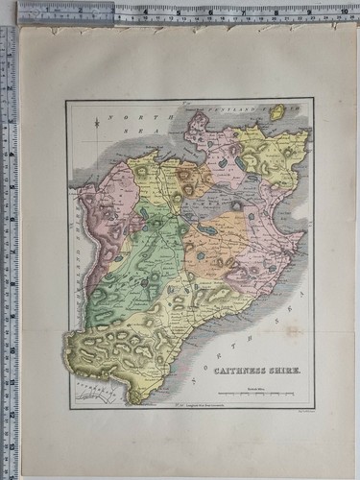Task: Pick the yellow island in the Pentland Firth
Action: click(x=276, y=114)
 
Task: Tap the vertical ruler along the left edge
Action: click(x=8, y=240)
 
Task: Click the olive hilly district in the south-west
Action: click(x=106, y=347)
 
